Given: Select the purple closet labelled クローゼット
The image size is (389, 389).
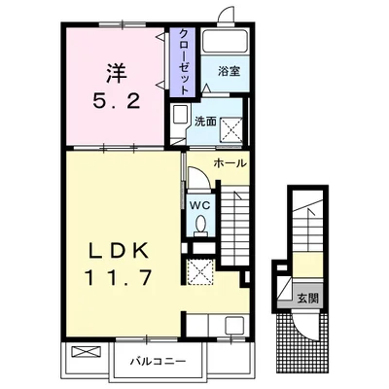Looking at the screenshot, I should click(182, 57).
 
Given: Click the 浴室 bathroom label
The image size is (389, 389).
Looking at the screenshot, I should click(228, 71).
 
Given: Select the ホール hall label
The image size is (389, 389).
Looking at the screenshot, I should click(230, 163).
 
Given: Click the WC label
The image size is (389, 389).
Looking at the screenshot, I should click(199, 205).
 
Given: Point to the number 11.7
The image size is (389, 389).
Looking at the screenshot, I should click(115, 278).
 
